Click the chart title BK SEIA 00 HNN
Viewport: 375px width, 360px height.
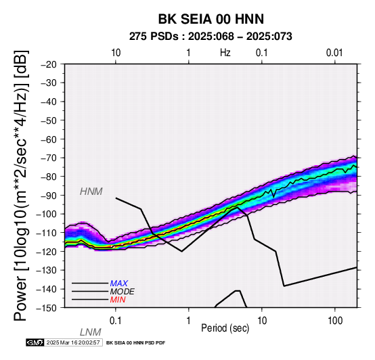coord(211,19)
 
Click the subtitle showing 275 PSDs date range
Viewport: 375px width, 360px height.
coord(211,37)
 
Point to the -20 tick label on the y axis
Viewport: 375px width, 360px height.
coord(49,64)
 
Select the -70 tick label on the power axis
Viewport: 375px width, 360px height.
coord(49,158)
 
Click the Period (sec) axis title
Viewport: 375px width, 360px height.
coord(225,328)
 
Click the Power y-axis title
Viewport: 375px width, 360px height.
coord(21,186)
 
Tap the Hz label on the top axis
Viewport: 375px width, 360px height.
coord(225,53)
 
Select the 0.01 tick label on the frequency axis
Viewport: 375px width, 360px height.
coord(334,53)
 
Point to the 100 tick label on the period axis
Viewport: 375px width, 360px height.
coord(335,321)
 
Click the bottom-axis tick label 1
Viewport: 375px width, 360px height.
coord(189,321)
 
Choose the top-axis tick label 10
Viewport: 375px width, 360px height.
coord(116,53)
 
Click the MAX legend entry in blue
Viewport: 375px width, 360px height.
coord(119,284)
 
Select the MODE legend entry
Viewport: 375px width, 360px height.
coord(123,292)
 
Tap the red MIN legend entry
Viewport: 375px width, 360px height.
coord(118,300)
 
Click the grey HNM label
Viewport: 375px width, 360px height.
coord(91,192)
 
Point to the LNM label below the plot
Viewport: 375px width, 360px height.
coord(91,332)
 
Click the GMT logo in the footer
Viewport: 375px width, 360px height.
coord(35,343)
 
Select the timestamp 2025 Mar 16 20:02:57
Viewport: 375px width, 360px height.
coord(73,343)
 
